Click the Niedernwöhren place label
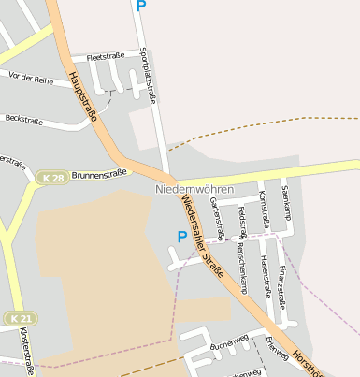(x=195, y=188)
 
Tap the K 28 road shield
(x=52, y=177)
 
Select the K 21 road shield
(x=19, y=318)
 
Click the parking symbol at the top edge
(x=141, y=6)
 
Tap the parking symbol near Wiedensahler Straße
(x=181, y=237)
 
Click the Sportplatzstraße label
(x=147, y=75)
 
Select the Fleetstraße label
(x=105, y=57)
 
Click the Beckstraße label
(x=25, y=119)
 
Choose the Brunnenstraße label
(x=98, y=174)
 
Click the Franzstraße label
(x=282, y=277)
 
